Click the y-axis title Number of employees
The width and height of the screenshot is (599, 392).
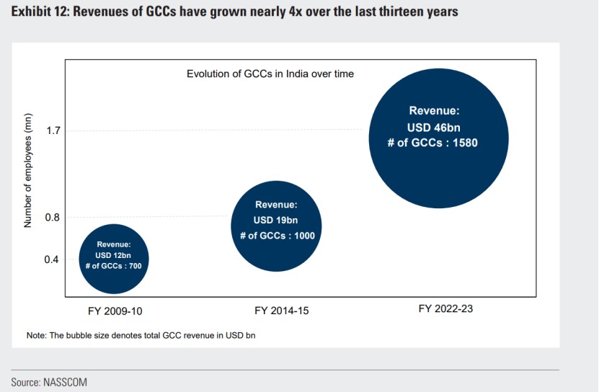[29, 171]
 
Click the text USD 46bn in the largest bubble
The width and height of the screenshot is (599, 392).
[434, 127]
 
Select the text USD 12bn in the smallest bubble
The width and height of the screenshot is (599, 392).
[114, 255]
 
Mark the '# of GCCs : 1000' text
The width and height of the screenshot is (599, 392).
[276, 235]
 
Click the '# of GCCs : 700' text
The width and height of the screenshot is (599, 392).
[114, 266]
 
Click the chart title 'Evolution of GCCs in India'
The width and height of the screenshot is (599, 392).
[270, 73]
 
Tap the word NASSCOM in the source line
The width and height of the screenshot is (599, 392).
[67, 382]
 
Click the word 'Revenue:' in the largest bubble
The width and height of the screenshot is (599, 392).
[434, 111]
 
